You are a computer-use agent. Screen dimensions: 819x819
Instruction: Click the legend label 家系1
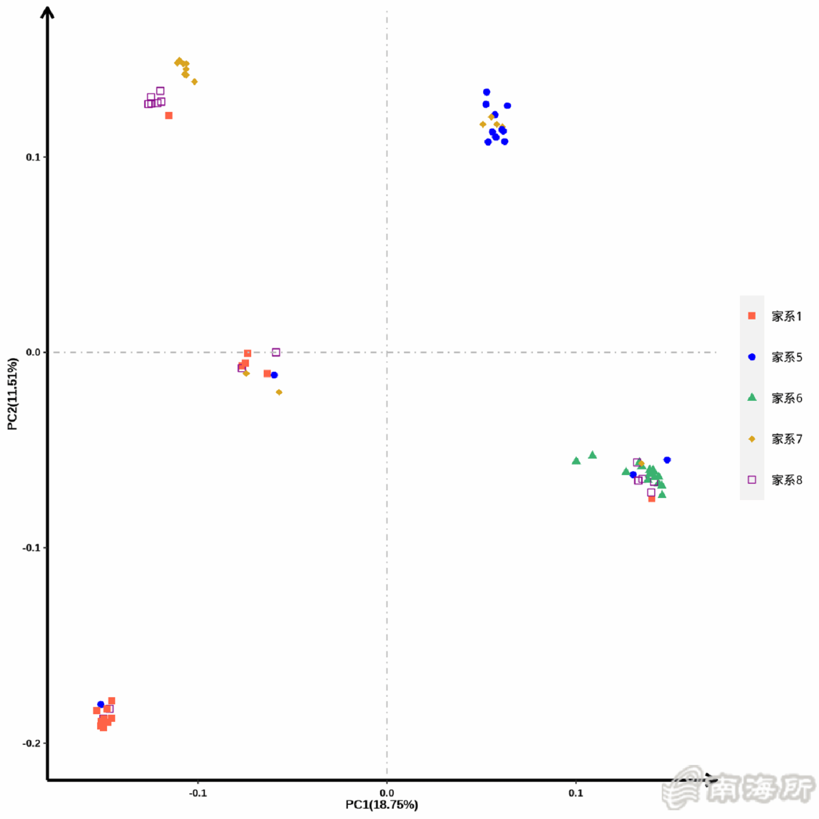[x=786, y=316]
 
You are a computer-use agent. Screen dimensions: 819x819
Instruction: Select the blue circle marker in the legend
[x=752, y=357]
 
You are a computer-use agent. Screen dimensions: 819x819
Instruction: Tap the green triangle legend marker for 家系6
[x=752, y=397]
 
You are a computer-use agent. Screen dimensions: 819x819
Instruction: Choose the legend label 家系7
[x=786, y=439]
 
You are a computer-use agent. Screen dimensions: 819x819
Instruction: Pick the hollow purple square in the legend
[x=752, y=480]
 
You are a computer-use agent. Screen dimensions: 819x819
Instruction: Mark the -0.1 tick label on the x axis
[x=198, y=793]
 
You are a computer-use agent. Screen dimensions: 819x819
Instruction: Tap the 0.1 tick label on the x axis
[x=575, y=793]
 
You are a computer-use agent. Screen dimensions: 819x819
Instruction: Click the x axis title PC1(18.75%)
[x=382, y=805]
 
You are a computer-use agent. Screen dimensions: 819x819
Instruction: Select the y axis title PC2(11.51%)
[x=12, y=394]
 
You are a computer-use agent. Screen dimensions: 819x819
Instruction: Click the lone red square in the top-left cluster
[x=169, y=116]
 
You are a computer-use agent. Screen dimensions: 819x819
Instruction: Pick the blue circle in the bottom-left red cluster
[x=100, y=705]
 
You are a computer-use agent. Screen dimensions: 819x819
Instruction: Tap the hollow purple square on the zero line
[x=276, y=353]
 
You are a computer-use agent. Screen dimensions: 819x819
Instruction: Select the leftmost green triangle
[x=576, y=461]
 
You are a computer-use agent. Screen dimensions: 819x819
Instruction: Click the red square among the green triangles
[x=651, y=499]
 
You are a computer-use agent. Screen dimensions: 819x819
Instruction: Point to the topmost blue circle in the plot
[x=486, y=92]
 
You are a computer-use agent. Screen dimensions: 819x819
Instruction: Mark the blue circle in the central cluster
[x=275, y=375]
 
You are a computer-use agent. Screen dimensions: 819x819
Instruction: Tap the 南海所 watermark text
[x=759, y=788]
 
